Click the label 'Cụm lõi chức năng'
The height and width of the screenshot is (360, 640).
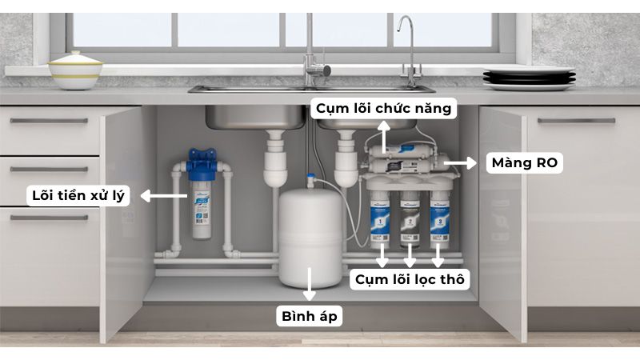click(x=385, y=108)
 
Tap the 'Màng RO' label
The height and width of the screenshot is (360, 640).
click(x=526, y=163)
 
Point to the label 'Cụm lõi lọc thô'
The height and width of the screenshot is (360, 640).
click(x=408, y=279)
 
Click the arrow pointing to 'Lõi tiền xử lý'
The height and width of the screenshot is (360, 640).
click(x=161, y=194)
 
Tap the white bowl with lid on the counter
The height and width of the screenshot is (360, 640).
click(x=75, y=70)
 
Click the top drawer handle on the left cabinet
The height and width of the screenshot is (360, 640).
click(x=49, y=121)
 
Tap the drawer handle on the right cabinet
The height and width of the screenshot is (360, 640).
click(x=576, y=121)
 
